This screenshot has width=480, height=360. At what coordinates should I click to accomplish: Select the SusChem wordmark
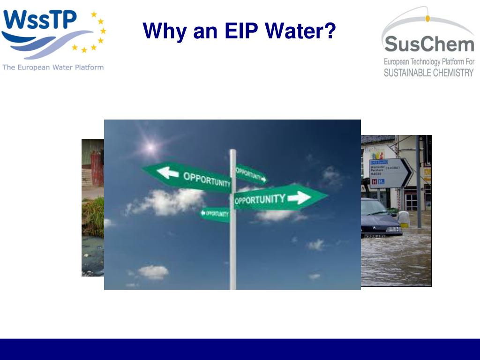tap(429, 45)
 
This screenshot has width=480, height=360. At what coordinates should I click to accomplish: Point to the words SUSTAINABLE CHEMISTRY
tap(429, 73)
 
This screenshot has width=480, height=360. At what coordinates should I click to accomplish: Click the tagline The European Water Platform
tap(53, 67)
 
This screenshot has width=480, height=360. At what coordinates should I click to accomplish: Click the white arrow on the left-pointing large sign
tap(167, 172)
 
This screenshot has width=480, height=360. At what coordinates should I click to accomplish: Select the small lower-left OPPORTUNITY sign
tap(215, 214)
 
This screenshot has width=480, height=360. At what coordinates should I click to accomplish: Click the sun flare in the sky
tap(150, 147)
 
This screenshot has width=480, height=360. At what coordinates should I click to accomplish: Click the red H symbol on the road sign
tap(374, 181)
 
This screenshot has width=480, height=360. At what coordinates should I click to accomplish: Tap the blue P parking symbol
tap(381, 181)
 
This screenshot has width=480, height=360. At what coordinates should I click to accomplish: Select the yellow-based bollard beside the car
tap(404, 219)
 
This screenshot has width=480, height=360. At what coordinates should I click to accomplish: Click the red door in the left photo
tap(97, 170)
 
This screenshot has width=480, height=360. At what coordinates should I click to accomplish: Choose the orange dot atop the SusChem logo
tap(427, 18)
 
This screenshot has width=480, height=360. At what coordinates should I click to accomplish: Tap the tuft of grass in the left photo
tap(94, 216)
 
